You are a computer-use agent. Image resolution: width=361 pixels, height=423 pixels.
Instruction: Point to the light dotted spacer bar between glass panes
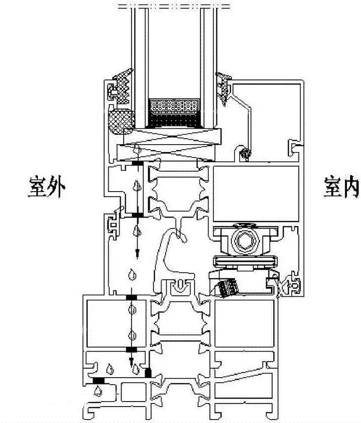[175, 106]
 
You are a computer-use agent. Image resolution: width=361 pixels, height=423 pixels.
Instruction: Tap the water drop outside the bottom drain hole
[99, 392]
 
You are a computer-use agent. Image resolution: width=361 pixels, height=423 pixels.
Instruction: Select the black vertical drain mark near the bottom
[148, 372]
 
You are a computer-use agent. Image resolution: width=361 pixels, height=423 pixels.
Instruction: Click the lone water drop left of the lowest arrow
[109, 369]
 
